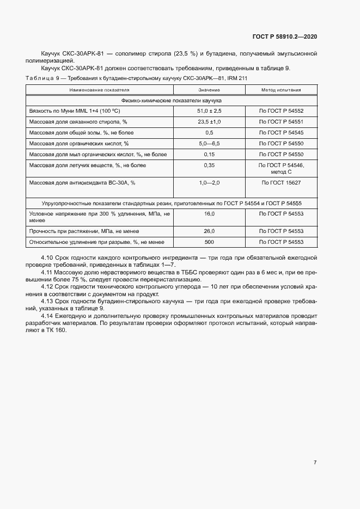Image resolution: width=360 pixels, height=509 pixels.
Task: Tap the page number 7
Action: tap(315, 462)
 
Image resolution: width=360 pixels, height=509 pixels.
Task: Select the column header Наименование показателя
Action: tap(99, 89)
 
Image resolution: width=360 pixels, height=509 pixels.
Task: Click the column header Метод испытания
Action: tap(280, 89)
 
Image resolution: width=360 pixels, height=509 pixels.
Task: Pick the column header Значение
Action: tap(209, 89)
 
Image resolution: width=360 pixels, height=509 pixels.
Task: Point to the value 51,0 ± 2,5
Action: tap(209, 111)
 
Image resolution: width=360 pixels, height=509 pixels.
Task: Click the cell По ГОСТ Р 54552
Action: tap(280, 111)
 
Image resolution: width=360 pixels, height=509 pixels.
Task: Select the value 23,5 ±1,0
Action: tap(209, 121)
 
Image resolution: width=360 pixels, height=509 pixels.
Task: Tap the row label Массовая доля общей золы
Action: tap(81, 132)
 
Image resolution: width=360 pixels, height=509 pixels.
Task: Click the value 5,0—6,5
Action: tap(209, 143)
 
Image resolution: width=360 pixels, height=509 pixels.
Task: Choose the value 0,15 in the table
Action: tap(209, 154)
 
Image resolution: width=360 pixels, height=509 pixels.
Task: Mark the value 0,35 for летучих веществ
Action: tap(209, 165)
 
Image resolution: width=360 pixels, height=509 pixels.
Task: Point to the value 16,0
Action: tap(209, 214)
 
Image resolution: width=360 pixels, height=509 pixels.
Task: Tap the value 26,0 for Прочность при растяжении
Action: tap(209, 231)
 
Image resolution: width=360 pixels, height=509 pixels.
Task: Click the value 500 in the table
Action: tap(209, 242)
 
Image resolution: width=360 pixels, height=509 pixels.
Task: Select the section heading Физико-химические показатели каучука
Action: tap(171, 100)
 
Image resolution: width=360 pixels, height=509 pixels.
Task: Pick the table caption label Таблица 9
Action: tap(42, 78)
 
